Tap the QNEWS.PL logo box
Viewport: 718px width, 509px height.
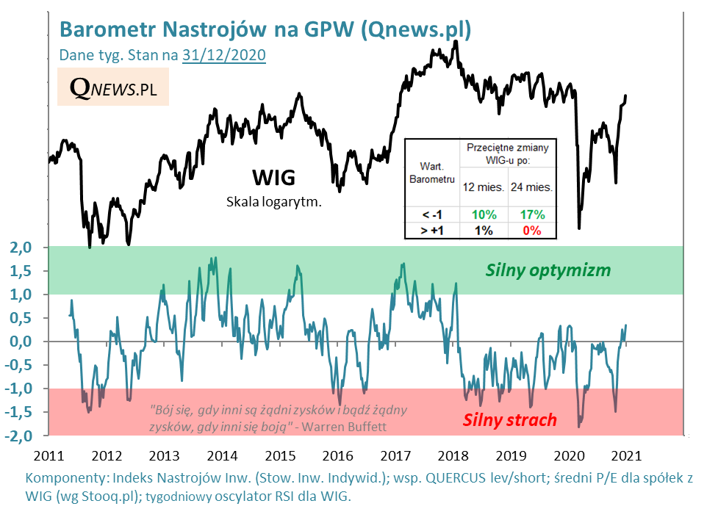113,87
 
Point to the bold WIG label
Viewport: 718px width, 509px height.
273,177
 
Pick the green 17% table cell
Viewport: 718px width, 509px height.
532,214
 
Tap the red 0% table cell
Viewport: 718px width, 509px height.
532,231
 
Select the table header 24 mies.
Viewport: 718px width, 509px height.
532,187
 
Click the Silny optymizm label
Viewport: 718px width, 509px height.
548,270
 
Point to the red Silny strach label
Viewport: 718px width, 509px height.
509,420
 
